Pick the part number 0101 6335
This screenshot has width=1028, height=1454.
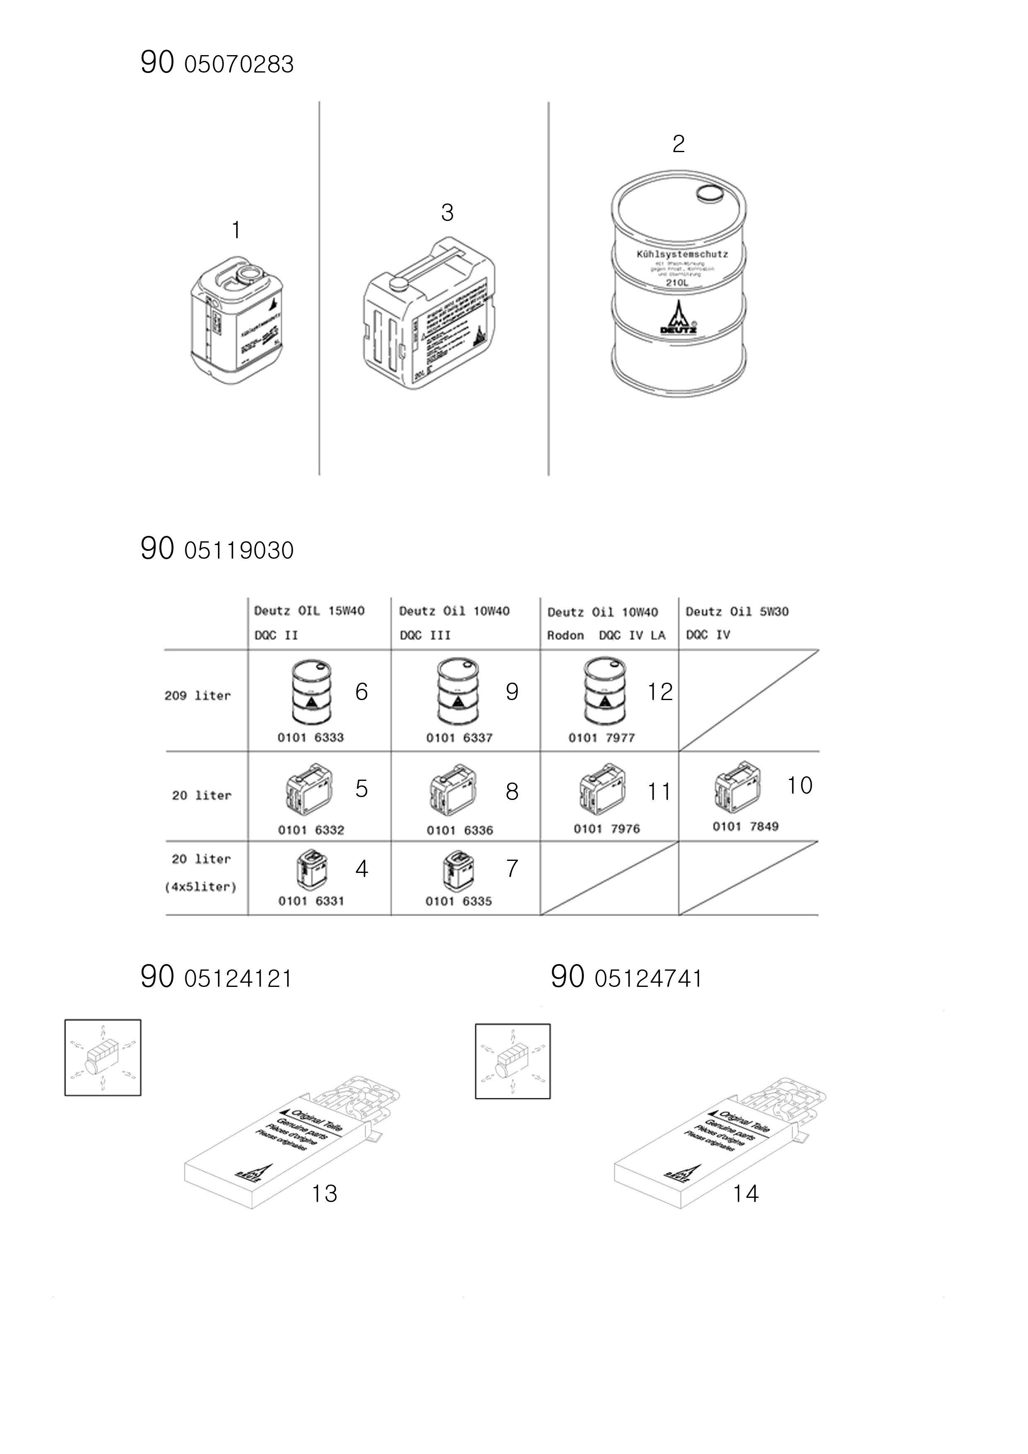[x=458, y=901]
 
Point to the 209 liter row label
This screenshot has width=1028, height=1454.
[x=198, y=695]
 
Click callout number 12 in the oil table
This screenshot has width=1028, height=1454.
[x=659, y=691]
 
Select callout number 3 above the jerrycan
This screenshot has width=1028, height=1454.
[x=447, y=213]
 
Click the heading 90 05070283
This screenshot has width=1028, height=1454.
[x=217, y=63]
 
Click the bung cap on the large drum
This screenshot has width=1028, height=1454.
[x=709, y=194]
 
